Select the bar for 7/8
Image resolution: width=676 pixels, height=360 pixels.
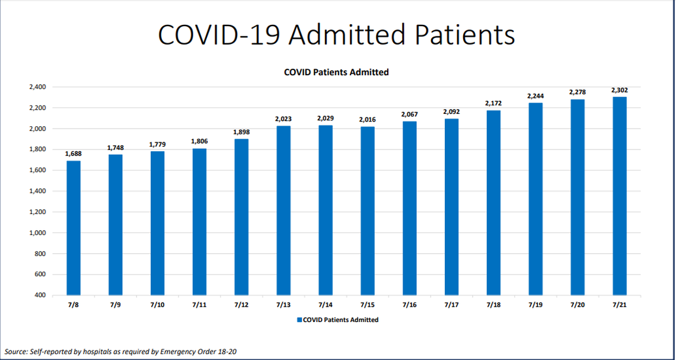[x=74, y=228]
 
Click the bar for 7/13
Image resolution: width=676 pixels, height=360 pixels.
[x=283, y=211]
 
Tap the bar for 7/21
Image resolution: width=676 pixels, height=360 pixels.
[x=619, y=196]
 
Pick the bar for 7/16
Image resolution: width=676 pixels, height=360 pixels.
[x=409, y=208]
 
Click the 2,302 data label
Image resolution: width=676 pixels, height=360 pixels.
[x=619, y=90]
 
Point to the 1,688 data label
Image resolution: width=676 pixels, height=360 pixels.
[x=74, y=154]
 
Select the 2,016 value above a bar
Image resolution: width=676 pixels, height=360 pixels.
[x=367, y=120]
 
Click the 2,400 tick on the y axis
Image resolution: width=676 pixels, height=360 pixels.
[x=37, y=87]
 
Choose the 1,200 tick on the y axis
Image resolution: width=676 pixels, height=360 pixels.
[x=37, y=212]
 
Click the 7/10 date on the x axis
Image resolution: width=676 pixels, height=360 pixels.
[x=157, y=305]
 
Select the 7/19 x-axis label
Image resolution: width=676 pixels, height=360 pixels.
[x=535, y=305]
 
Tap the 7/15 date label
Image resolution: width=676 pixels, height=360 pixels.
[x=367, y=305]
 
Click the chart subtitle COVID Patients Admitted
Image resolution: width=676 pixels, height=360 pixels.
[x=336, y=72]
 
